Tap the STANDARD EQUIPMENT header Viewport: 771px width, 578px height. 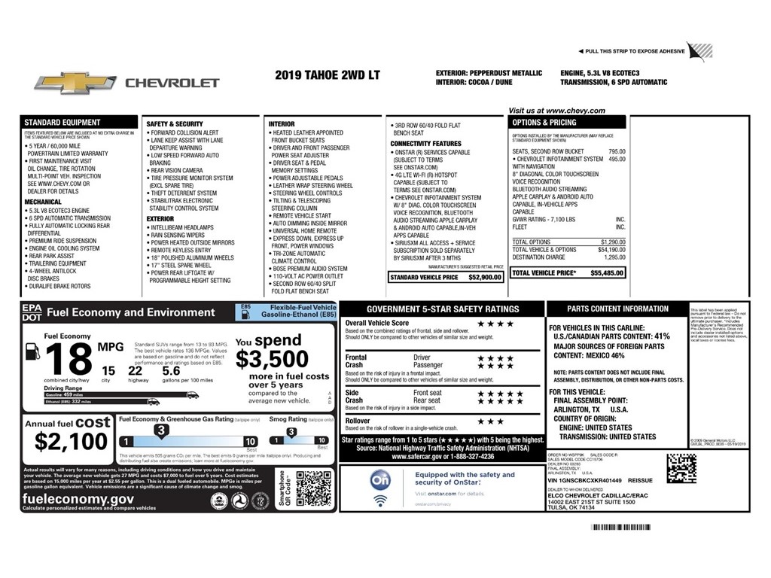tap(62, 122)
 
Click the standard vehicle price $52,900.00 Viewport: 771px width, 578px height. tap(484, 278)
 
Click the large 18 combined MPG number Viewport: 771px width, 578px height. tap(70, 359)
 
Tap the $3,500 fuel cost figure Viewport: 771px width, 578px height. tap(272, 359)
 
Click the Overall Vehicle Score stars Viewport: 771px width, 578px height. tap(495, 324)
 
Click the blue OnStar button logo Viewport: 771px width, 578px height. tap(380, 479)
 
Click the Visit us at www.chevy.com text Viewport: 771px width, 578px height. tap(556, 111)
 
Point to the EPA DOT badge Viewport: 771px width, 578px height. tap(32, 312)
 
